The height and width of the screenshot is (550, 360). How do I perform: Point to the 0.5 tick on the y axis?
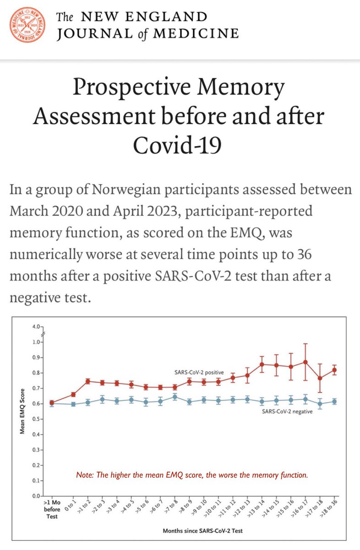pyautogui.click(x=37, y=419)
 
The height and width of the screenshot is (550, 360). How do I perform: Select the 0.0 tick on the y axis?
pyautogui.click(x=37, y=496)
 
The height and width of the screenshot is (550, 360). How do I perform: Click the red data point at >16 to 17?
pyautogui.click(x=305, y=362)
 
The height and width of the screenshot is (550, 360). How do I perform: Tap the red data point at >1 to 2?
pyautogui.click(x=88, y=381)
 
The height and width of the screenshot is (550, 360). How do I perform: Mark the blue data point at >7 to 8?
pyautogui.click(x=174, y=397)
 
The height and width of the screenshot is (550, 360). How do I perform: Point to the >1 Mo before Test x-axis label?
pyautogui.click(x=50, y=507)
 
